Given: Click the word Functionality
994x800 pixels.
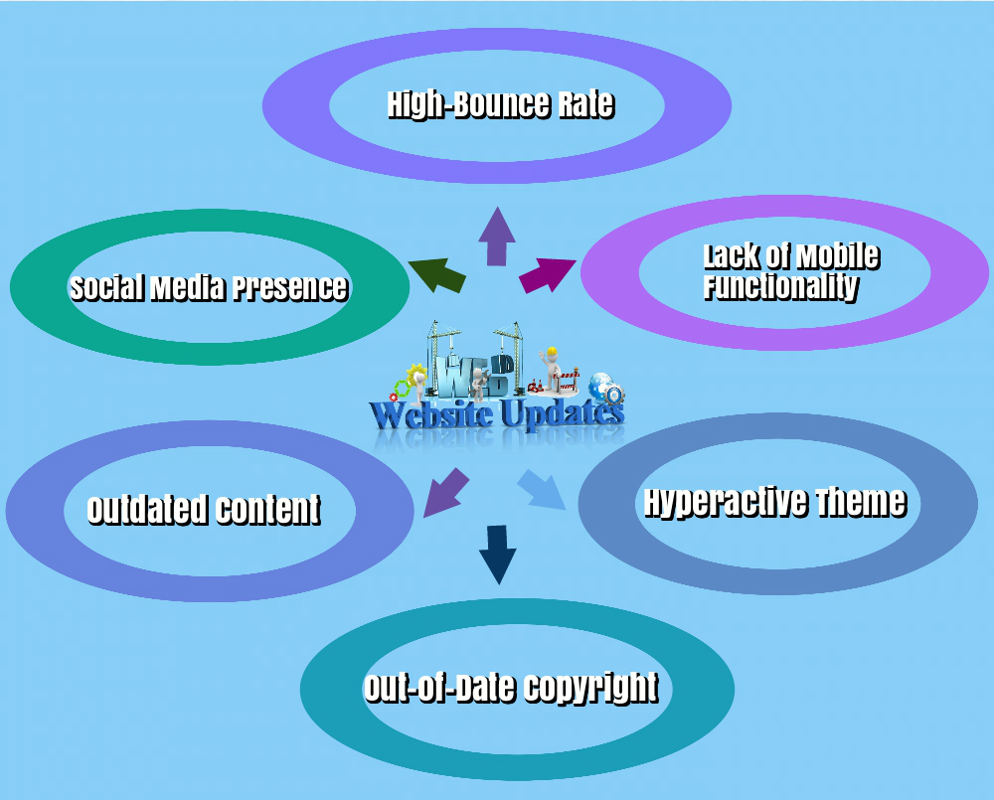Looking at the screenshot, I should click(780, 287).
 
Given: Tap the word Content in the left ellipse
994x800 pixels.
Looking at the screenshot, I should click(268, 509).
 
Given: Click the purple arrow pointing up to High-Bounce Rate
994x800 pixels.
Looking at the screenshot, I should click(496, 238).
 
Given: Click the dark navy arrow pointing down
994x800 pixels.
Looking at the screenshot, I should click(497, 554).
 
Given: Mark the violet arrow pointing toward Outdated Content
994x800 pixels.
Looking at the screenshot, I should click(446, 490).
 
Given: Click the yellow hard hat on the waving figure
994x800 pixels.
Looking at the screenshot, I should click(551, 352).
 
